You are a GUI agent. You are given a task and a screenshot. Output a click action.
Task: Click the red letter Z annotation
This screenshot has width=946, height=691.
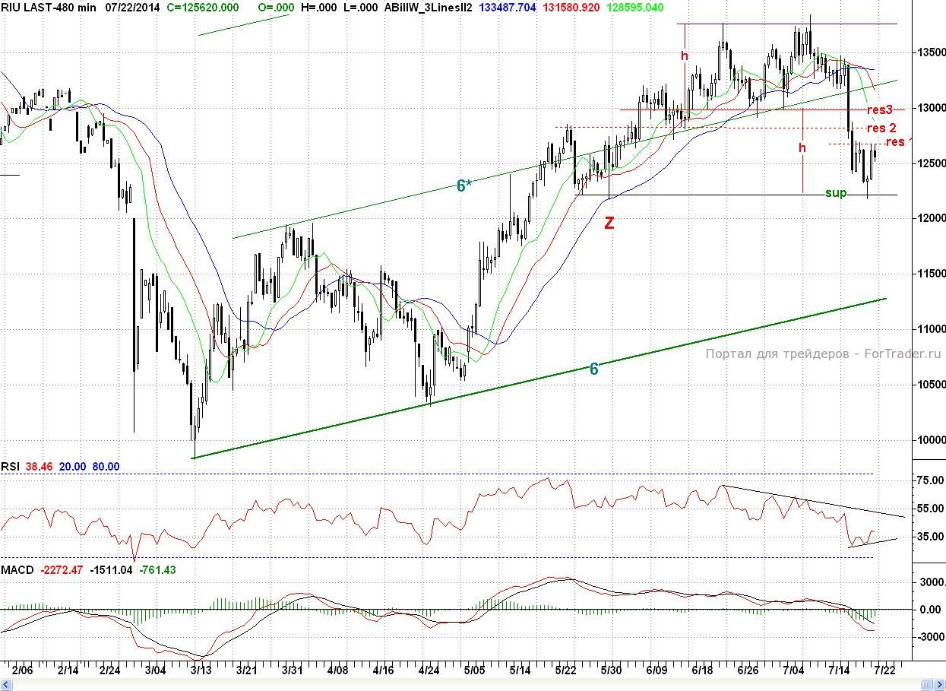(609, 223)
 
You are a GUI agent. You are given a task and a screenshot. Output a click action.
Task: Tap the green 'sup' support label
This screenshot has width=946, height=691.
(836, 193)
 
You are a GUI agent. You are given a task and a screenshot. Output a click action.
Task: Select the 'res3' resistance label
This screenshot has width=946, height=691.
(880, 109)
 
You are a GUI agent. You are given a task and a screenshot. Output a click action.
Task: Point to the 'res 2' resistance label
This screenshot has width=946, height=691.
(881, 128)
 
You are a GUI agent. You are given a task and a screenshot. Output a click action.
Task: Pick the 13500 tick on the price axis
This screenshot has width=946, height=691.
(929, 52)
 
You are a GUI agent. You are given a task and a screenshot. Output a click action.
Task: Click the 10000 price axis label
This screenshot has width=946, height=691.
(929, 440)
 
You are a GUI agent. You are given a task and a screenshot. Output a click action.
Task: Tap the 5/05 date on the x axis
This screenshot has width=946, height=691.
(474, 670)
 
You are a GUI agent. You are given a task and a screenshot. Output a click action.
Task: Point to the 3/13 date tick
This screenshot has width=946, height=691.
(201, 670)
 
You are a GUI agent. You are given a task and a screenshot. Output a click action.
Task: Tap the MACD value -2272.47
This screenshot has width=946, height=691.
(61, 569)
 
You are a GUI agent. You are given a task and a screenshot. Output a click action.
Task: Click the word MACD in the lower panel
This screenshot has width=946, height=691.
(17, 569)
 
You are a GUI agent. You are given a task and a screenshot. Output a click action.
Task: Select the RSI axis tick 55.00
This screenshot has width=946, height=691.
(929, 509)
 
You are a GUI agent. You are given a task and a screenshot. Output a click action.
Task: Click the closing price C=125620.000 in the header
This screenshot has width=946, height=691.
(202, 7)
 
